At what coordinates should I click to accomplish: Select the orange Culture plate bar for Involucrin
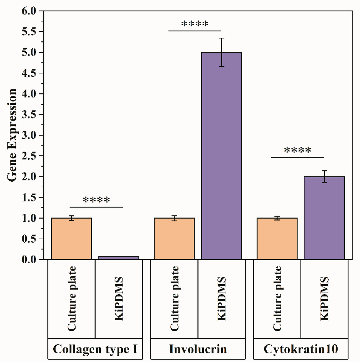click(174, 239)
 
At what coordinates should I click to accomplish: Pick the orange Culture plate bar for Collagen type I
click(71, 239)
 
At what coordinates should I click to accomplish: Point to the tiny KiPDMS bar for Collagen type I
click(119, 258)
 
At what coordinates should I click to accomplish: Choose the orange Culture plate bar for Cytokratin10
click(277, 239)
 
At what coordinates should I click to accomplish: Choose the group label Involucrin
click(198, 349)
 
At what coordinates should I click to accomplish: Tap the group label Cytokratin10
click(301, 349)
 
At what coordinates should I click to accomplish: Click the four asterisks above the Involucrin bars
click(195, 24)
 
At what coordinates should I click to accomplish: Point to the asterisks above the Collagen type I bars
click(96, 201)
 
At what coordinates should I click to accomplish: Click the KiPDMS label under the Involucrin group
click(222, 299)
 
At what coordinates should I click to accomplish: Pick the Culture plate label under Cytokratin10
click(277, 299)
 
